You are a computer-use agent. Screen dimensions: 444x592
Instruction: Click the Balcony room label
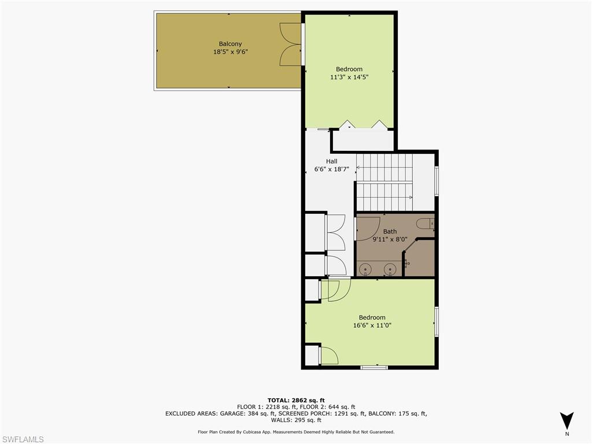point(230,44)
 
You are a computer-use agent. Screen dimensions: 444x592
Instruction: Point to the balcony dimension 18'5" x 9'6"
point(230,52)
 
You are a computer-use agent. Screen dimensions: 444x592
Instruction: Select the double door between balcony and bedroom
point(291,45)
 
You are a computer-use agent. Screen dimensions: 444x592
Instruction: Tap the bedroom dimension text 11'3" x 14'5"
point(349,77)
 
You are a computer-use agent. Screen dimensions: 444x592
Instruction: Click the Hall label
point(331,161)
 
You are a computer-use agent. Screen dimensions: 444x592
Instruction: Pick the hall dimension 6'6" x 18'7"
point(331,169)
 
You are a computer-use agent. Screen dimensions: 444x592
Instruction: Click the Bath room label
point(390,231)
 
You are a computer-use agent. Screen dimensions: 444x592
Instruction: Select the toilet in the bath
point(425,223)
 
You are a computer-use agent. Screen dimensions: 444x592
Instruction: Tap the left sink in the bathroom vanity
point(365,268)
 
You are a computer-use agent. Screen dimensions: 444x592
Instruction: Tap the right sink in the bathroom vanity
point(391,268)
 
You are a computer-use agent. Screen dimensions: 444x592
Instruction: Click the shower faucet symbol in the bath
point(407,263)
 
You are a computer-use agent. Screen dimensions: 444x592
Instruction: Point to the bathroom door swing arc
point(368,228)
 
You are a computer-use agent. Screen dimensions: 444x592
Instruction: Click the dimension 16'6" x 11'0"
point(372,325)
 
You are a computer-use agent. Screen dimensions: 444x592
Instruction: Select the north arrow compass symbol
point(567,420)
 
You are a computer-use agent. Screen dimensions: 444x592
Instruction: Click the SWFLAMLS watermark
point(23,439)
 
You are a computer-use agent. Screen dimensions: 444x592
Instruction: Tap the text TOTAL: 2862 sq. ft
point(295,400)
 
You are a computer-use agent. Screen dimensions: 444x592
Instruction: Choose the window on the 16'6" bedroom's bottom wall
point(374,367)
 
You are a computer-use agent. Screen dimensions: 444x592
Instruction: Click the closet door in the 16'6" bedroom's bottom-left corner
point(328,356)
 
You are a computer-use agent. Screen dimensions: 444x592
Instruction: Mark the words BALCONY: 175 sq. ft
point(398,413)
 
